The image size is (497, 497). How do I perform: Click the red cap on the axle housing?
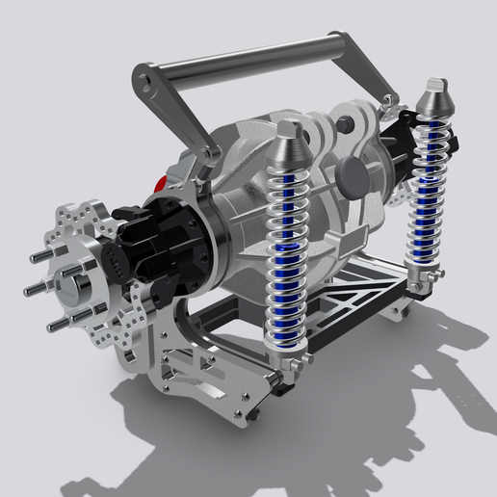162,183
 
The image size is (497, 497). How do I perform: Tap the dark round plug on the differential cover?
351,173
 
